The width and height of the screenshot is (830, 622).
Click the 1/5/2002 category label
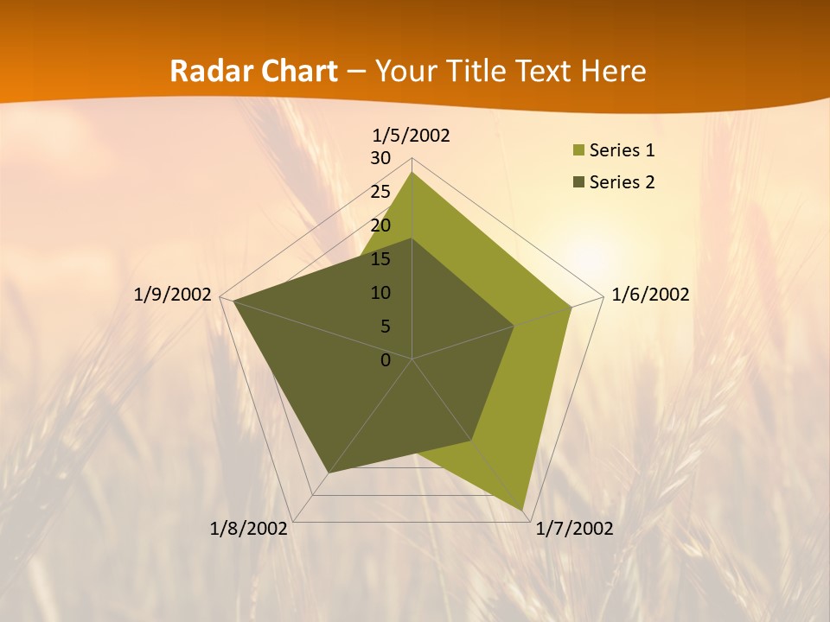tap(412, 136)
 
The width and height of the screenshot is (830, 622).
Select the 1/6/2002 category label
tap(650, 295)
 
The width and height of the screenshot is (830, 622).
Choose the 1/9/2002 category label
tap(173, 295)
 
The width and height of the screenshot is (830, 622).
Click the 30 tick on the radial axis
tap(380, 159)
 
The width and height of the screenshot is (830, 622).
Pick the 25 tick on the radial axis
tap(380, 193)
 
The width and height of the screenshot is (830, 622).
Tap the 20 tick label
tap(380, 226)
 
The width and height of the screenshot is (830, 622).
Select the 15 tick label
tap(380, 260)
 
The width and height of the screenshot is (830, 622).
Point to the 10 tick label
tap(380, 294)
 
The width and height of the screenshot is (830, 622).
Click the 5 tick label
tap(386, 327)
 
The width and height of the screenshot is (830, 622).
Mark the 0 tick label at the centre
tap(386, 360)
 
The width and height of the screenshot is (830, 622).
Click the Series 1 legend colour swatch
tap(578, 151)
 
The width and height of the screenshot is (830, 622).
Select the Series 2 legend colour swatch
tap(578, 182)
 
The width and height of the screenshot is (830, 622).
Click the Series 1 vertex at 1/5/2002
tap(412, 172)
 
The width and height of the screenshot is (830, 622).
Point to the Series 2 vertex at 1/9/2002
tap(233, 301)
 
